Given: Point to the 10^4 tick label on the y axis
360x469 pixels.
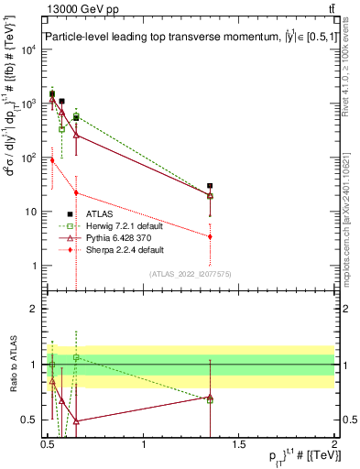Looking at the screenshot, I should tap(28, 49).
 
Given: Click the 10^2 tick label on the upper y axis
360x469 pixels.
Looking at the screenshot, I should tap(28, 158).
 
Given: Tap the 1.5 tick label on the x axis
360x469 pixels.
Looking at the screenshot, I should tap(239, 446).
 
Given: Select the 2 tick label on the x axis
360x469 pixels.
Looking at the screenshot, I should tap(334, 446).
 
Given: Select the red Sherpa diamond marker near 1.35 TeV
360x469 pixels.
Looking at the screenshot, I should tap(210, 236).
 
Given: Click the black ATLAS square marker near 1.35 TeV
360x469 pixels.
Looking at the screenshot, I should tap(210, 186).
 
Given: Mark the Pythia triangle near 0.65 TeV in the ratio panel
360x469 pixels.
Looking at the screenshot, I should tap(76, 421).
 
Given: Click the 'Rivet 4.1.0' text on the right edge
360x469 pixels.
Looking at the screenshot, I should tap(350, 69).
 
